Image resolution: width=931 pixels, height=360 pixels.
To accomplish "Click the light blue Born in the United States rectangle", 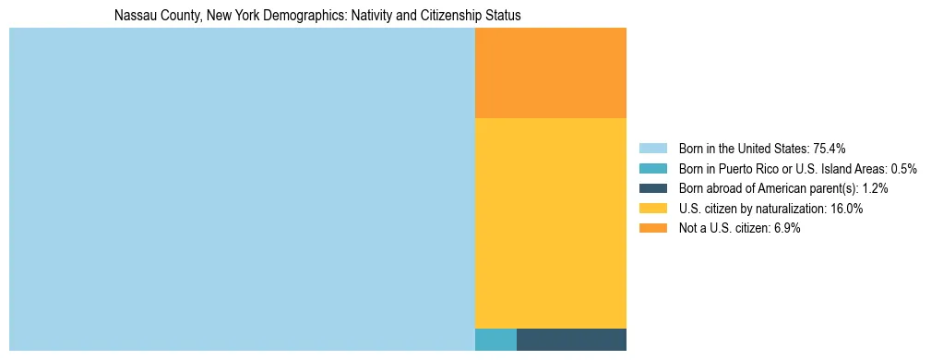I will point(242,189).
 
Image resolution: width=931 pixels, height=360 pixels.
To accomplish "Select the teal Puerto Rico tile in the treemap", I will point(495,340).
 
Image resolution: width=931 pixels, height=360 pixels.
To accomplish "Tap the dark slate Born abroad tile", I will point(571,340).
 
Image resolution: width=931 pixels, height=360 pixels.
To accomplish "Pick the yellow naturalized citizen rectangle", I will point(550,222).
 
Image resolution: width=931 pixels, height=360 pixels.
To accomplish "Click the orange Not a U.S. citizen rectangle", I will point(550,73).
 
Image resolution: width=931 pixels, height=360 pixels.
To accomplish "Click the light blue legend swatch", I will point(652,149).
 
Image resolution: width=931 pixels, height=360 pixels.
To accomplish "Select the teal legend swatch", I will point(652,169).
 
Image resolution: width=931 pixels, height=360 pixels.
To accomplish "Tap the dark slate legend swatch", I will point(652,188).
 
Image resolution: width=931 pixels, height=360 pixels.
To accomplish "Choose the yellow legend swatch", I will point(652,209).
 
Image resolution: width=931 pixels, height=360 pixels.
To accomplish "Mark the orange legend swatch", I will point(652,229).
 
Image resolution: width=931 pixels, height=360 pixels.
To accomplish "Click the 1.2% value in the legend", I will point(874,188).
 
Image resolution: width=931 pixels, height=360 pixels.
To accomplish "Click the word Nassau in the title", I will point(133,16).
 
